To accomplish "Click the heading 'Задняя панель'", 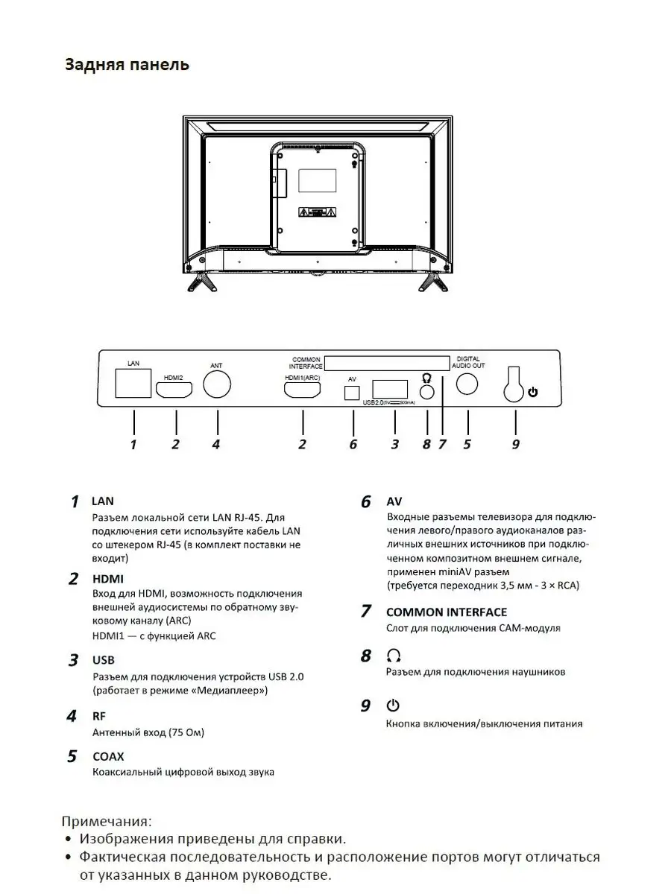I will (x=127, y=65).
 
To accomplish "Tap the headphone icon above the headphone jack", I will (x=426, y=377).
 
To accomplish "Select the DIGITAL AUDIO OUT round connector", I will (x=467, y=383).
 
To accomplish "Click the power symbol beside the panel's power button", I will (x=532, y=392).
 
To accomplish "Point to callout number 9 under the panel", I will (x=515, y=445).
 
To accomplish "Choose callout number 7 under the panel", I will (x=442, y=445).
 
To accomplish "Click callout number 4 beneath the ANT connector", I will (x=216, y=445).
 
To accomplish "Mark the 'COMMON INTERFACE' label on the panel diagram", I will (x=306, y=363).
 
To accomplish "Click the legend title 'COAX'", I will (x=108, y=756).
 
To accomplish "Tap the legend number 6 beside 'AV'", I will (x=365, y=502).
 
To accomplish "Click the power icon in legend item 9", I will (x=394, y=705).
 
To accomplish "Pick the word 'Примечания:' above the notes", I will (x=106, y=822).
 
